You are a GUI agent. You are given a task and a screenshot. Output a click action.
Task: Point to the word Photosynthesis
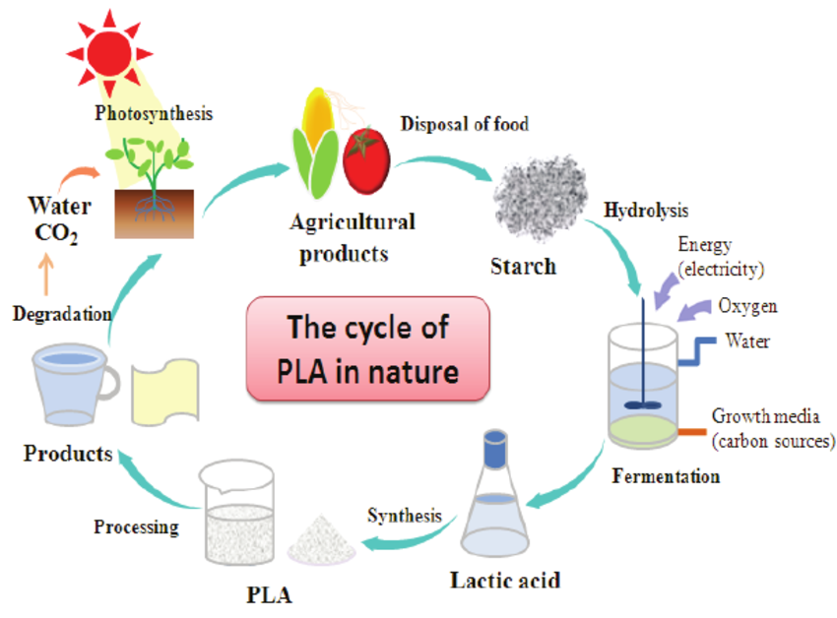[154, 113]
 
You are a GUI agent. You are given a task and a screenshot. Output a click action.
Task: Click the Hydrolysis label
[646, 211]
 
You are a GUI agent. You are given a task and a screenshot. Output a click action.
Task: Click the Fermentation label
[666, 477]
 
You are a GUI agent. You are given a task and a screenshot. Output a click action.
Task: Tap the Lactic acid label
[505, 581]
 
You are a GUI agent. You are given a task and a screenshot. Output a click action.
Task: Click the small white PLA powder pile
[322, 537]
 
